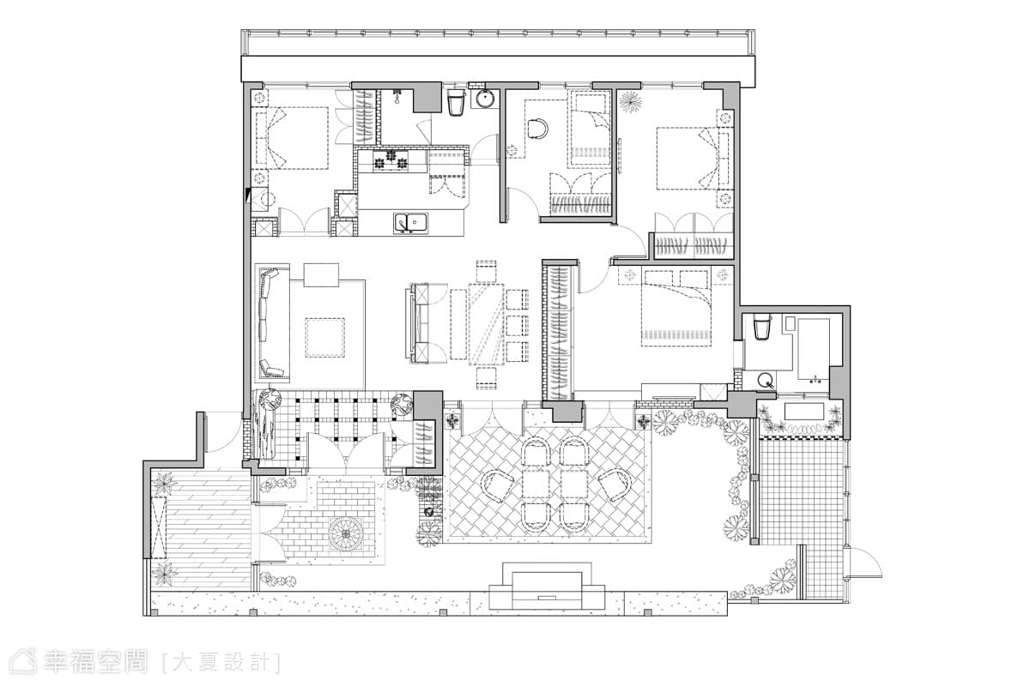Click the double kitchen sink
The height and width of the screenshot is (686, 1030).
[410, 223]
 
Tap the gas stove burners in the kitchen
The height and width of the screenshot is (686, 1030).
[391, 160]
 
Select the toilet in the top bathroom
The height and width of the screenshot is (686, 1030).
[455, 102]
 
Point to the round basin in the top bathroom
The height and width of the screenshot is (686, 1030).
[485, 99]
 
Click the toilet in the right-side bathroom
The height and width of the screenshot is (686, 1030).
[761, 327]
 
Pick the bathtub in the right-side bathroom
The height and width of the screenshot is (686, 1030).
[814, 350]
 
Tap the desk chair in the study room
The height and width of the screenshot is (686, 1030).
[536, 129]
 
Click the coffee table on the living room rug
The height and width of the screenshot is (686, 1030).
[324, 337]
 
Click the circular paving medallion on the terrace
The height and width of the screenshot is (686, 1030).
[346, 534]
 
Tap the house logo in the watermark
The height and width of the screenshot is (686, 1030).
[23, 662]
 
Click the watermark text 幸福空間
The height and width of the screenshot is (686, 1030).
[95, 662]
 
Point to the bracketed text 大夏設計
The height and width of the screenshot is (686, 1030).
[221, 663]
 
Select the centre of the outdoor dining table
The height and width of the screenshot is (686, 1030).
[556, 485]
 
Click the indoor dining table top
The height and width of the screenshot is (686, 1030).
[487, 324]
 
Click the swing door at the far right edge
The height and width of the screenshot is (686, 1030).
[863, 563]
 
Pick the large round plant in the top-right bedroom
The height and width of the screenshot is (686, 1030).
[630, 102]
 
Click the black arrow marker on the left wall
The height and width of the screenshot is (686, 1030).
[247, 195]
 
